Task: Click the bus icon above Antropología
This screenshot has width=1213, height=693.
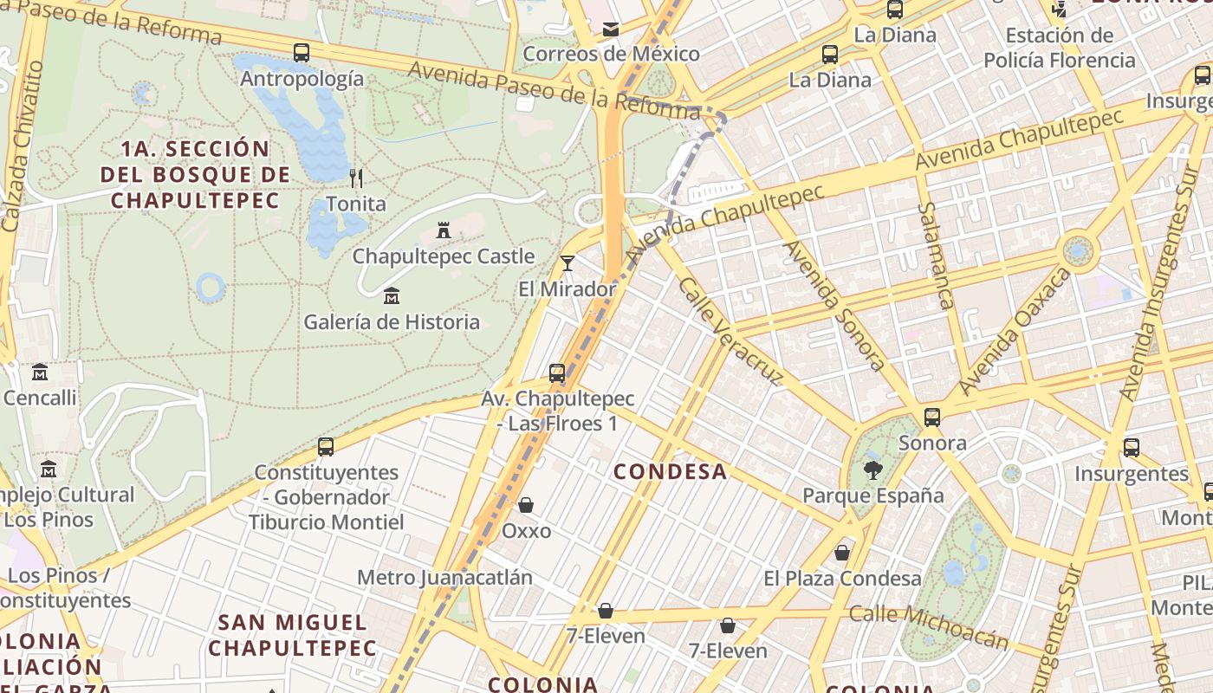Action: point(301,53)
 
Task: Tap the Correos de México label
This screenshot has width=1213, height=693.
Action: point(611,54)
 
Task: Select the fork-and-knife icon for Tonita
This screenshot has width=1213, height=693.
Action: point(356,178)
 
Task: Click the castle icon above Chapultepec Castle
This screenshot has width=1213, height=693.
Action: point(444,230)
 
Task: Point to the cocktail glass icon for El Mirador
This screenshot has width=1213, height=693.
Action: point(568,263)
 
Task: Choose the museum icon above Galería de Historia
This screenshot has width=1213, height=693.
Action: point(392,296)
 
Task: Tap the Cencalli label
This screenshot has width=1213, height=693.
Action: point(40,398)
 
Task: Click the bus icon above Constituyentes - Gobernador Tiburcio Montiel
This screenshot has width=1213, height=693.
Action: point(326,447)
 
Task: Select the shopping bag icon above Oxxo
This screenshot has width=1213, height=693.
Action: point(526,505)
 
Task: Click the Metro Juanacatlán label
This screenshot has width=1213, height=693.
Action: point(444,578)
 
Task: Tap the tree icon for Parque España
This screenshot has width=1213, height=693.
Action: point(872,470)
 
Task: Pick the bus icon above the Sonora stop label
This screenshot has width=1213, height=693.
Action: point(932,418)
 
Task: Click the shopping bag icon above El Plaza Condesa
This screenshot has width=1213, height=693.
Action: point(842,553)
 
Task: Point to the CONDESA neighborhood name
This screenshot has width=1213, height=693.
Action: point(671,472)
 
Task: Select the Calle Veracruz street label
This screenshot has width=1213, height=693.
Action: point(730,331)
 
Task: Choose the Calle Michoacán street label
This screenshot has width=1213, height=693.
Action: point(929,625)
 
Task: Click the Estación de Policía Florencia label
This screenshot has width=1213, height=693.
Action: point(1059,49)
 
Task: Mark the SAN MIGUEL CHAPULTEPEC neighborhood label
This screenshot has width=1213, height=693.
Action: point(292,635)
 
